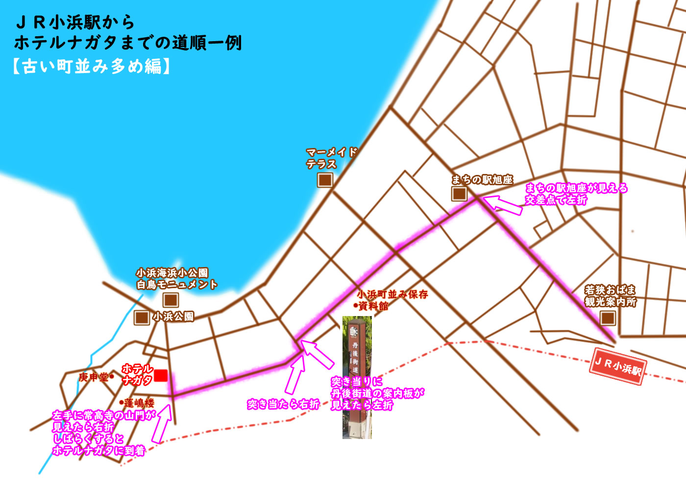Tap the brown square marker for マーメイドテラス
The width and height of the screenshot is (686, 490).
click(x=325, y=180)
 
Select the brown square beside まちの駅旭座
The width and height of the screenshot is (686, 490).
click(x=459, y=194)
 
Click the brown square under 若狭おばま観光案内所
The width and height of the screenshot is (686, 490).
click(x=608, y=318)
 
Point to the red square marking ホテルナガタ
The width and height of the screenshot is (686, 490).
click(x=161, y=376)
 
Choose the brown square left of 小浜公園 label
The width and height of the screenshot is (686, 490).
click(x=142, y=318)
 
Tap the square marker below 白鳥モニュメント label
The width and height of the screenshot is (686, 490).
click(x=171, y=300)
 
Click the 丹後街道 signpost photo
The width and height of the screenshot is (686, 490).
click(x=357, y=377)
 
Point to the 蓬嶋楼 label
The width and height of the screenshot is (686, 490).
click(x=139, y=403)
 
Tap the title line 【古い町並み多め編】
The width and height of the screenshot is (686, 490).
click(x=92, y=66)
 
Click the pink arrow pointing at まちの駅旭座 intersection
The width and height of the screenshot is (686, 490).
click(x=503, y=204)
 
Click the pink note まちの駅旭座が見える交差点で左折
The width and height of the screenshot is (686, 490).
click(x=576, y=194)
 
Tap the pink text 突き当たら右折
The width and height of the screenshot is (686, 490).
click(x=283, y=404)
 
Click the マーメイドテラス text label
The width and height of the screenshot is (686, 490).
click(x=331, y=158)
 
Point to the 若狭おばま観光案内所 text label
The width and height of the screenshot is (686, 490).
click(x=610, y=296)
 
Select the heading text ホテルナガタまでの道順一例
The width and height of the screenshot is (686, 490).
click(x=128, y=44)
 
